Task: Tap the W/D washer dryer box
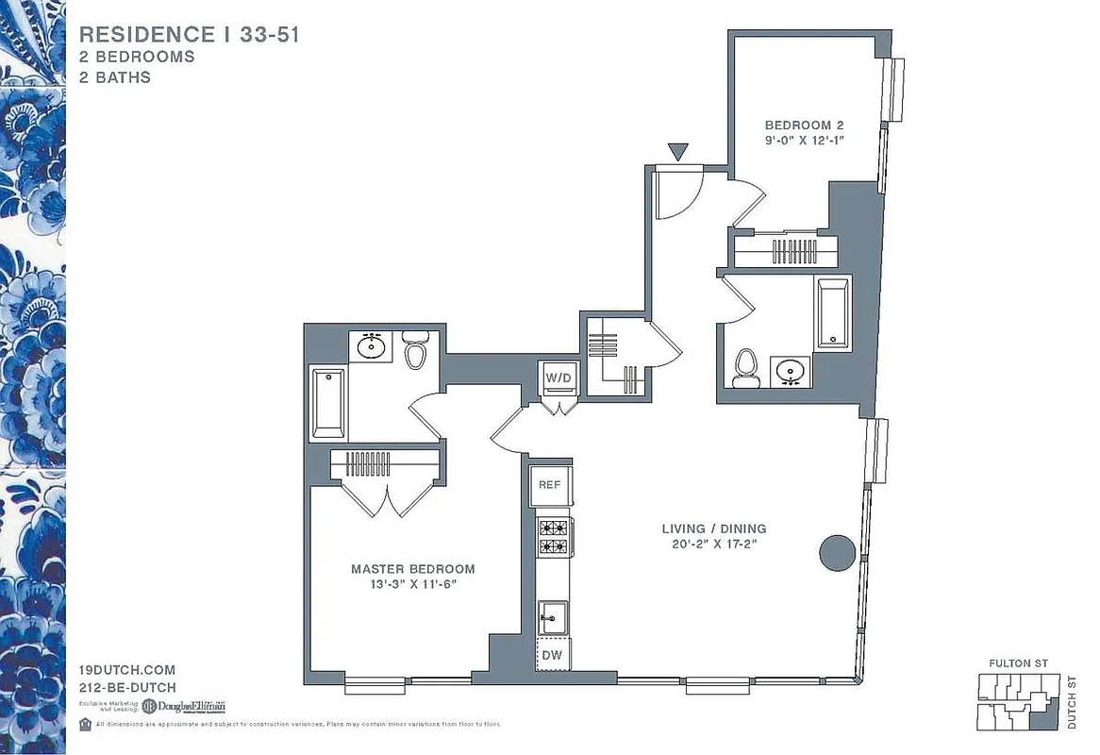click(558, 378)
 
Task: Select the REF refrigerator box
click(550, 484)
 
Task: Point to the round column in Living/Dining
click(837, 553)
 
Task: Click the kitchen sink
click(551, 618)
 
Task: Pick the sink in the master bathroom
click(372, 346)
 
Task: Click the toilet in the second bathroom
click(746, 367)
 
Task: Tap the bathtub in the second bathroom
click(834, 312)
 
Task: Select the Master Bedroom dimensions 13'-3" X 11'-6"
click(412, 584)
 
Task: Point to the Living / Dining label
click(713, 528)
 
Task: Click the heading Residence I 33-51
click(190, 35)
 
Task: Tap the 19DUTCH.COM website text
click(126, 670)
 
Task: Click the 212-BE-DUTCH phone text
click(126, 688)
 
